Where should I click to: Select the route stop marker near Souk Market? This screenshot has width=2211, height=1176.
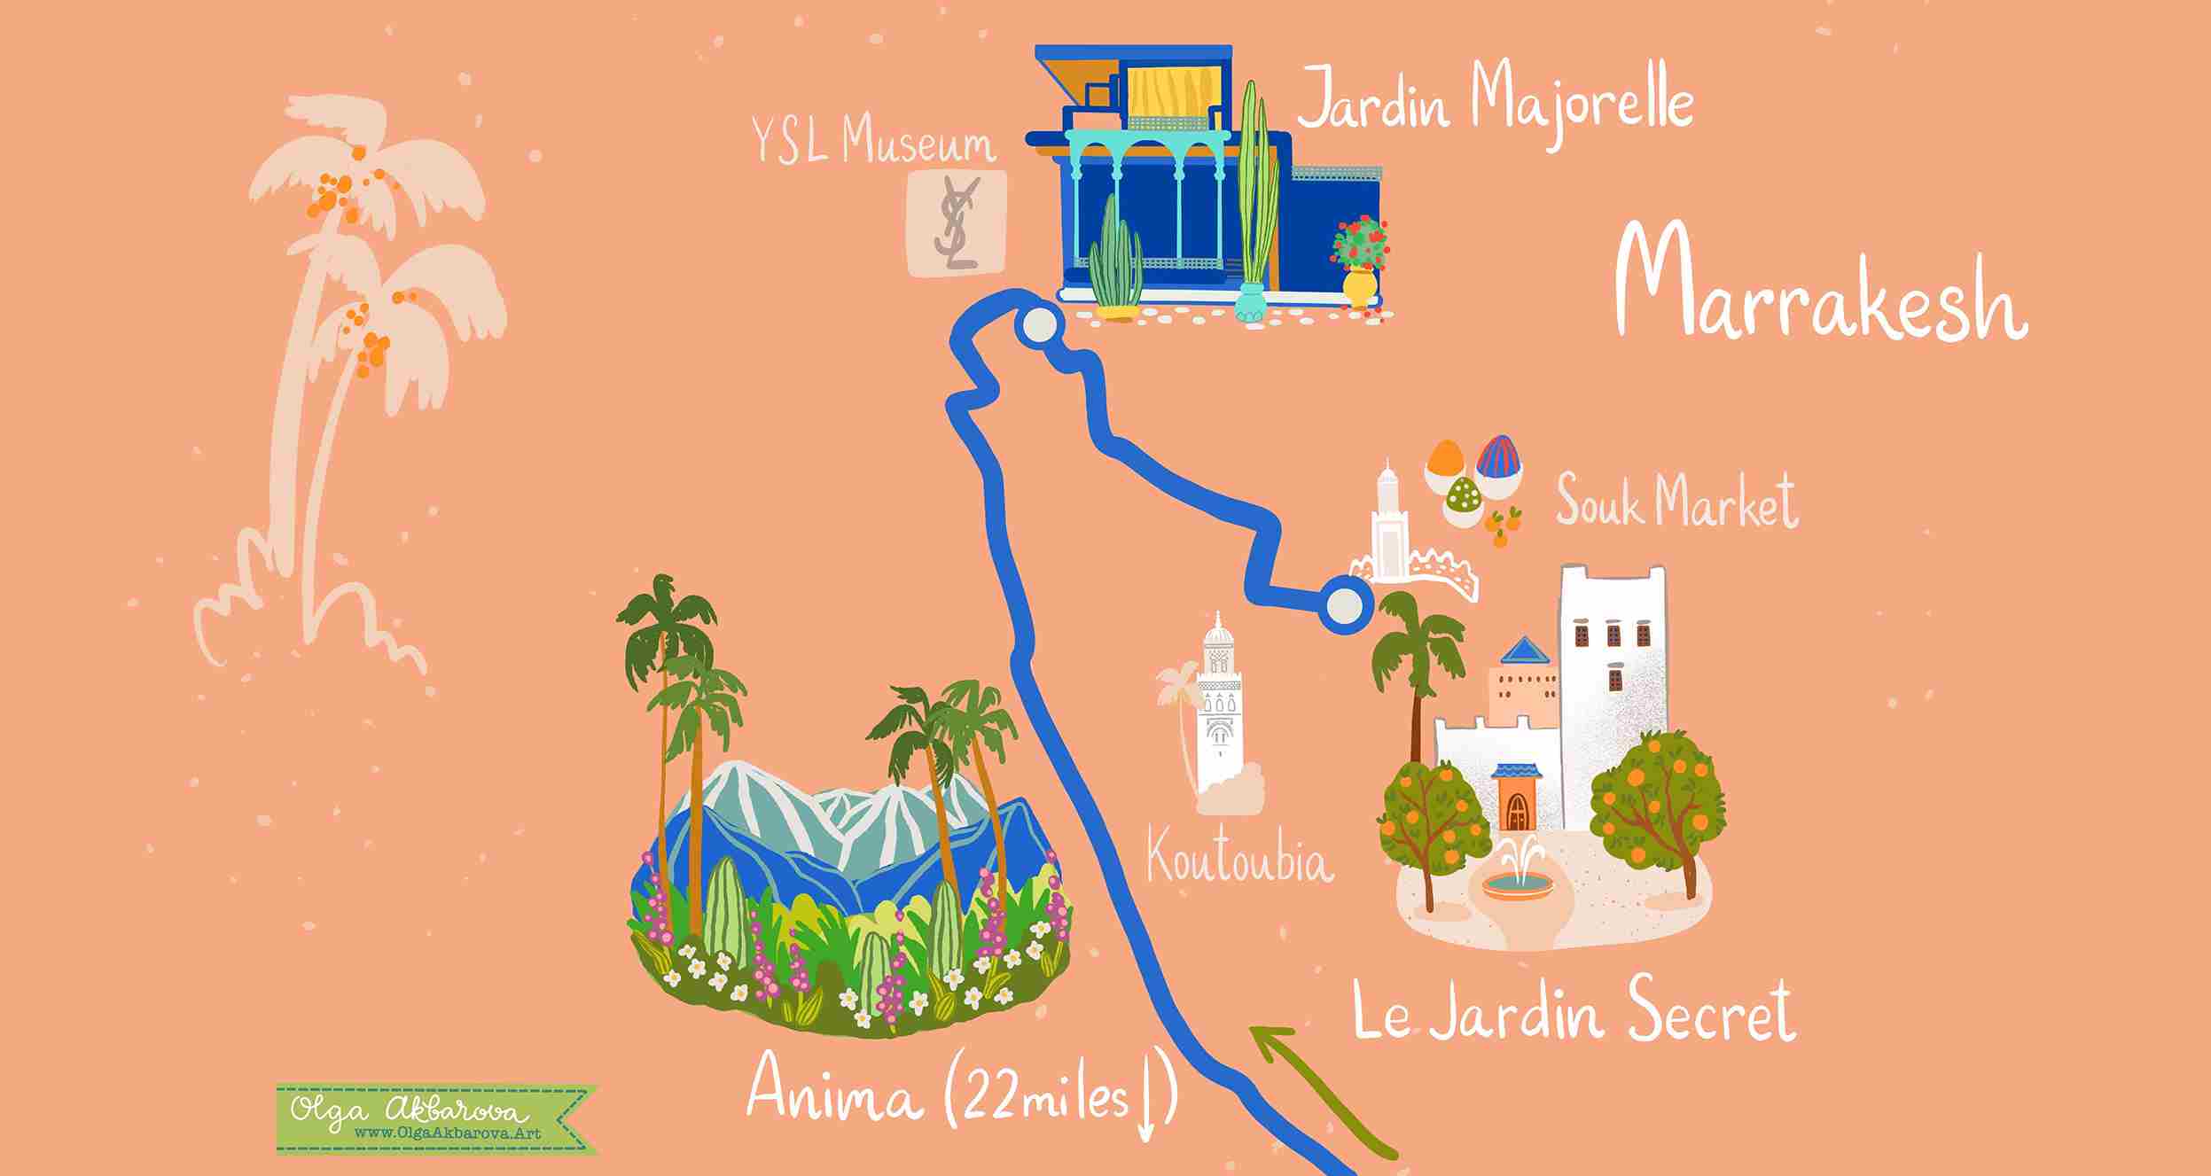point(1346,607)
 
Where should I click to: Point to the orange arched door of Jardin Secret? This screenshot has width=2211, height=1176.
point(1516,804)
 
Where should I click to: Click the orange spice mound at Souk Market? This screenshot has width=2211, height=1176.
point(1447,459)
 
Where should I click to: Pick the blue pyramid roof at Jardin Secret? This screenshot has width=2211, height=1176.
point(1525,650)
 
